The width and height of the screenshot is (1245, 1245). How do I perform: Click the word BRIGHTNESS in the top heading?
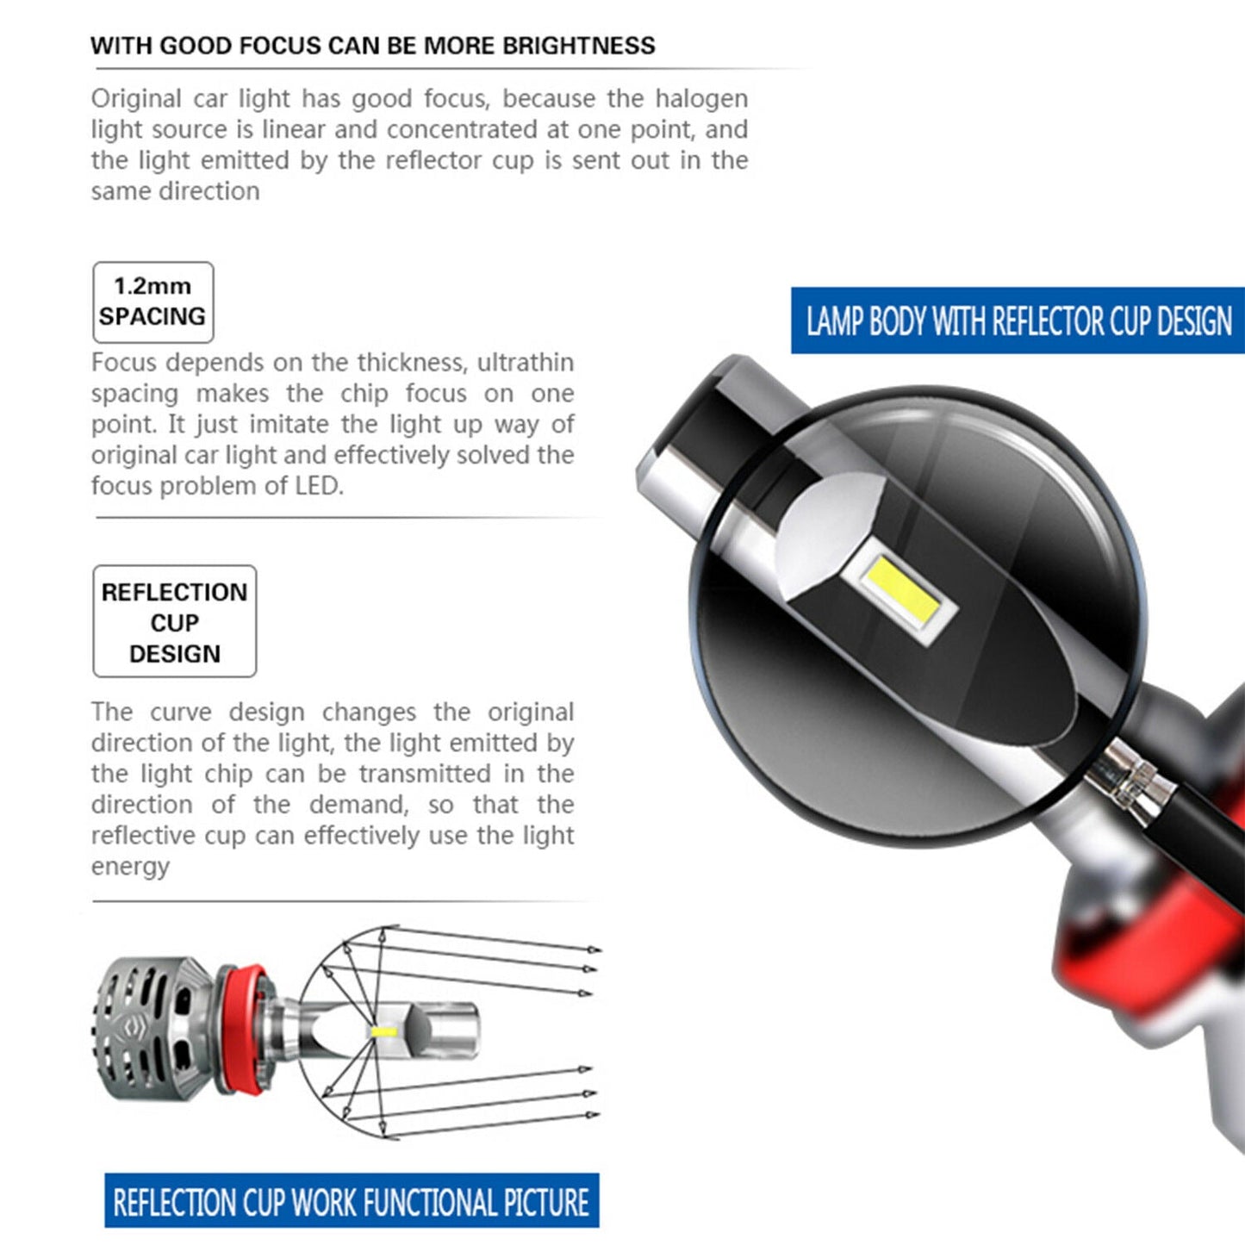pyautogui.click(x=578, y=46)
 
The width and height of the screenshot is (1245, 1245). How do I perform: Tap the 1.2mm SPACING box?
pyautogui.click(x=153, y=302)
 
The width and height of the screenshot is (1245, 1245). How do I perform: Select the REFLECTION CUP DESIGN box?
pyautogui.click(x=174, y=621)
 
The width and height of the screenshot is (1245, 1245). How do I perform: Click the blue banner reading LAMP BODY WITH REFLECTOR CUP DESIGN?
pyautogui.click(x=1018, y=321)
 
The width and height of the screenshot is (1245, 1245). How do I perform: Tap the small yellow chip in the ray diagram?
pyautogui.click(x=383, y=1031)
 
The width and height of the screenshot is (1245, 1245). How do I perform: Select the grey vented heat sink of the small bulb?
pyautogui.click(x=155, y=1030)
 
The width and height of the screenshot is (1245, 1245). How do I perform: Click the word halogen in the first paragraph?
pyautogui.click(x=701, y=99)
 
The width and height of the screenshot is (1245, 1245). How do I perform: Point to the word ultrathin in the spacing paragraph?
pyautogui.click(x=526, y=363)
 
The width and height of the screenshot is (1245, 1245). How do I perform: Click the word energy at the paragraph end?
pyautogui.click(x=130, y=867)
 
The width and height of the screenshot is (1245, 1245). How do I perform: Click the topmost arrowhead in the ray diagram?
pyautogui.click(x=593, y=949)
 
